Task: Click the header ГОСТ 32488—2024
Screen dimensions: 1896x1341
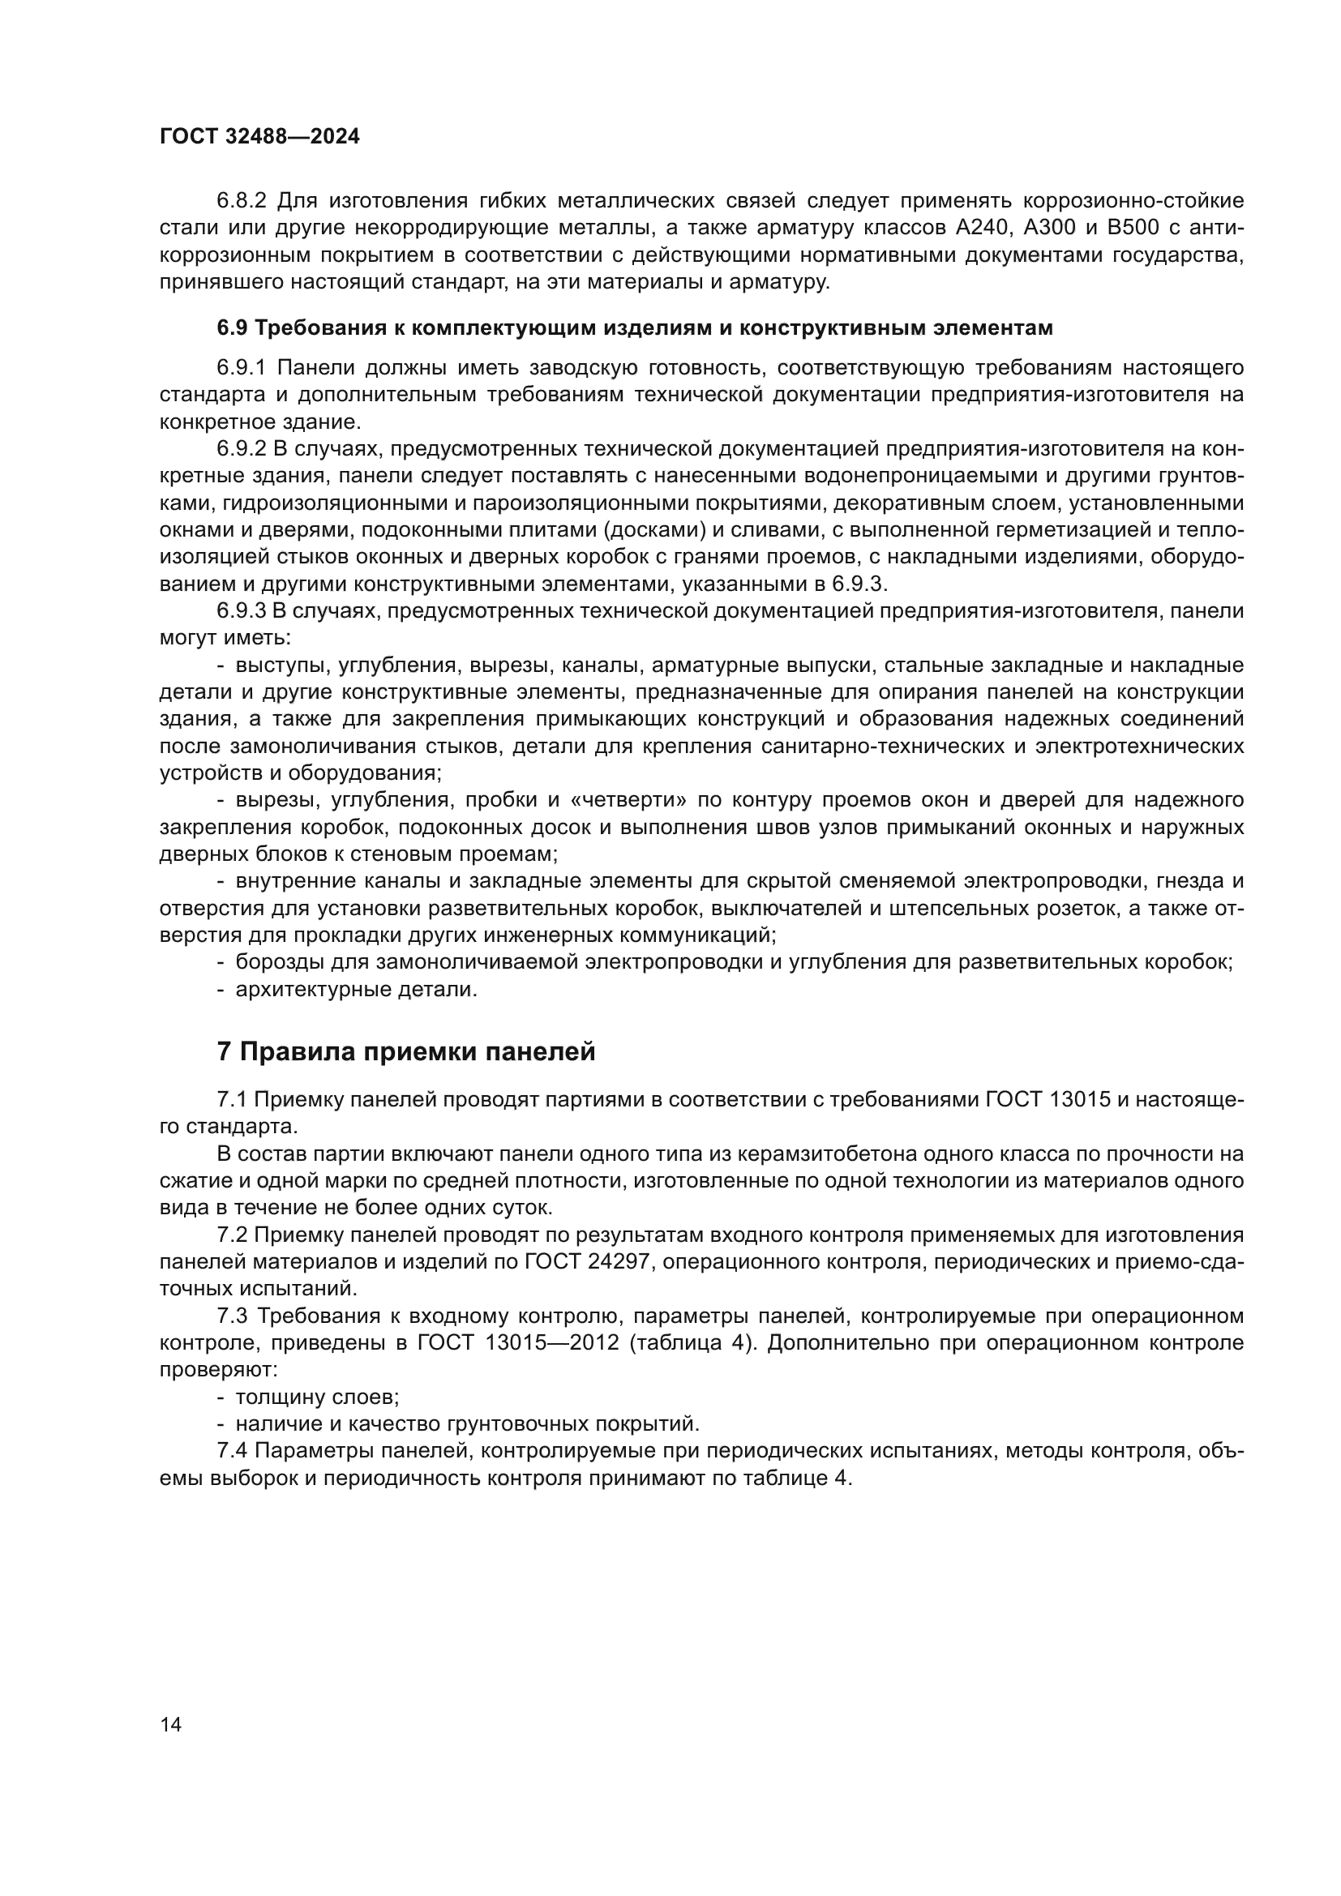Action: pyautogui.click(x=259, y=137)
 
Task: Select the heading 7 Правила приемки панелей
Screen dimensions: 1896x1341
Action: pyautogui.click(x=405, y=1052)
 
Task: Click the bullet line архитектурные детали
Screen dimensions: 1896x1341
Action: pyautogui.click(x=356, y=989)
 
